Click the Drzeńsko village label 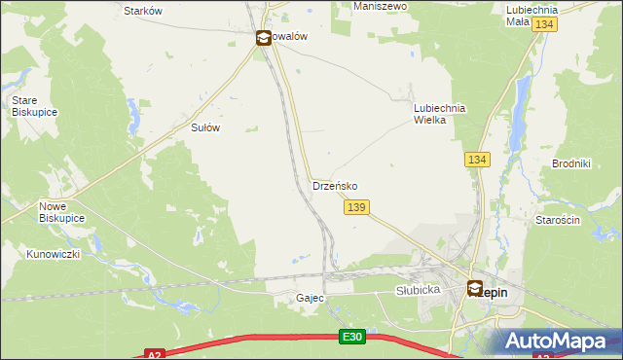click(x=335, y=185)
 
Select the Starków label click(x=143, y=10)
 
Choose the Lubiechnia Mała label click(x=531, y=15)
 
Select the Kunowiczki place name click(x=54, y=254)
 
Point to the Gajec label click(x=310, y=299)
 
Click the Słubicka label click(x=419, y=290)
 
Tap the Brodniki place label click(x=571, y=163)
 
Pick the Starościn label click(x=558, y=221)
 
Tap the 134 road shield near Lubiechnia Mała click(x=544, y=24)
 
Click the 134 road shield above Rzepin click(x=477, y=159)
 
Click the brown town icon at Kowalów click(x=264, y=38)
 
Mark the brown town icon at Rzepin click(x=475, y=288)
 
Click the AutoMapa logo click(x=561, y=341)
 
